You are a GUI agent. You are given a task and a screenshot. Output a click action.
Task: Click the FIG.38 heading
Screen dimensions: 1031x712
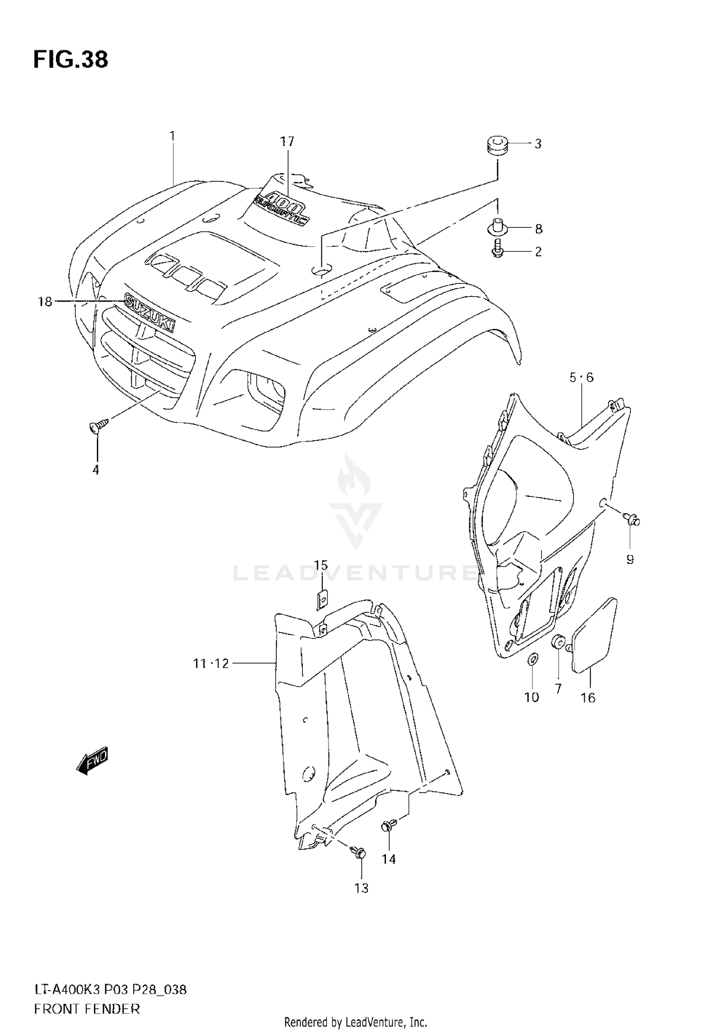click(x=71, y=60)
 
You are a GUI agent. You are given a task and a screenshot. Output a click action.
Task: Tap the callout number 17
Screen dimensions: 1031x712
click(x=287, y=141)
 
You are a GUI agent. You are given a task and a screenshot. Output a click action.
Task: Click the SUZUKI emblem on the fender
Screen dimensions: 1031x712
click(x=149, y=312)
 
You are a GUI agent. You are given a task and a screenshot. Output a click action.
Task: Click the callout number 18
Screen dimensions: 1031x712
click(x=45, y=301)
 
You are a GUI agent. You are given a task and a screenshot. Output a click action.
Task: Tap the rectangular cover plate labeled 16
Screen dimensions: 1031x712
click(x=595, y=636)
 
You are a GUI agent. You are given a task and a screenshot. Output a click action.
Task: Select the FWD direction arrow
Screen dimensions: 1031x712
click(x=93, y=761)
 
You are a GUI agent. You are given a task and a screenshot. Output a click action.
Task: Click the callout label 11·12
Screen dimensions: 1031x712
click(x=211, y=664)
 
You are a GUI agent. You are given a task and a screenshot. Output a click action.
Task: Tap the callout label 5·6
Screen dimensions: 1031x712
click(x=581, y=377)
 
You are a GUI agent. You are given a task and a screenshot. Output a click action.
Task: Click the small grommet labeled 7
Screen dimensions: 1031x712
click(x=557, y=643)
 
